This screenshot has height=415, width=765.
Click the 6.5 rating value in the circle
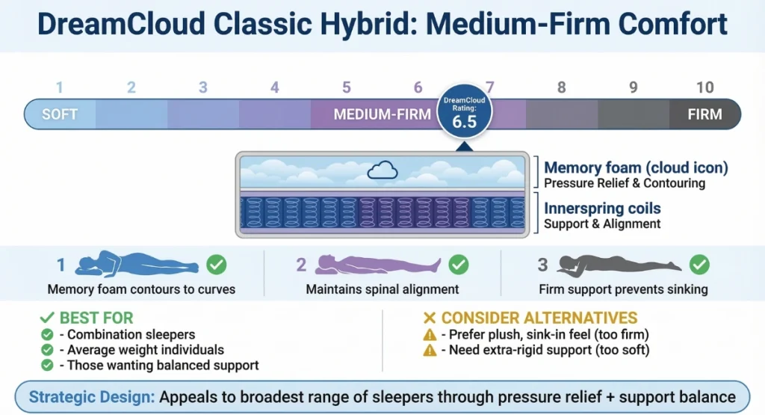(464, 122)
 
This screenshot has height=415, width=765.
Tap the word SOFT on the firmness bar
(60, 114)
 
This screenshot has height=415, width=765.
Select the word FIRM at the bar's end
(704, 114)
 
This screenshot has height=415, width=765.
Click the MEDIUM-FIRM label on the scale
(382, 114)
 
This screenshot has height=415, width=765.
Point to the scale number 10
(704, 87)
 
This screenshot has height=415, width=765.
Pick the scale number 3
(202, 87)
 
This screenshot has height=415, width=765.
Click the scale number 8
(561, 87)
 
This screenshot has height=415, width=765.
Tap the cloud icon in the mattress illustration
(382, 171)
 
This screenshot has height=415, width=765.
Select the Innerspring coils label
(602, 208)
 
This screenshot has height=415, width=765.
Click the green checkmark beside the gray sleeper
(699, 264)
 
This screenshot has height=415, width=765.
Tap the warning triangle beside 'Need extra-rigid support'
(430, 349)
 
